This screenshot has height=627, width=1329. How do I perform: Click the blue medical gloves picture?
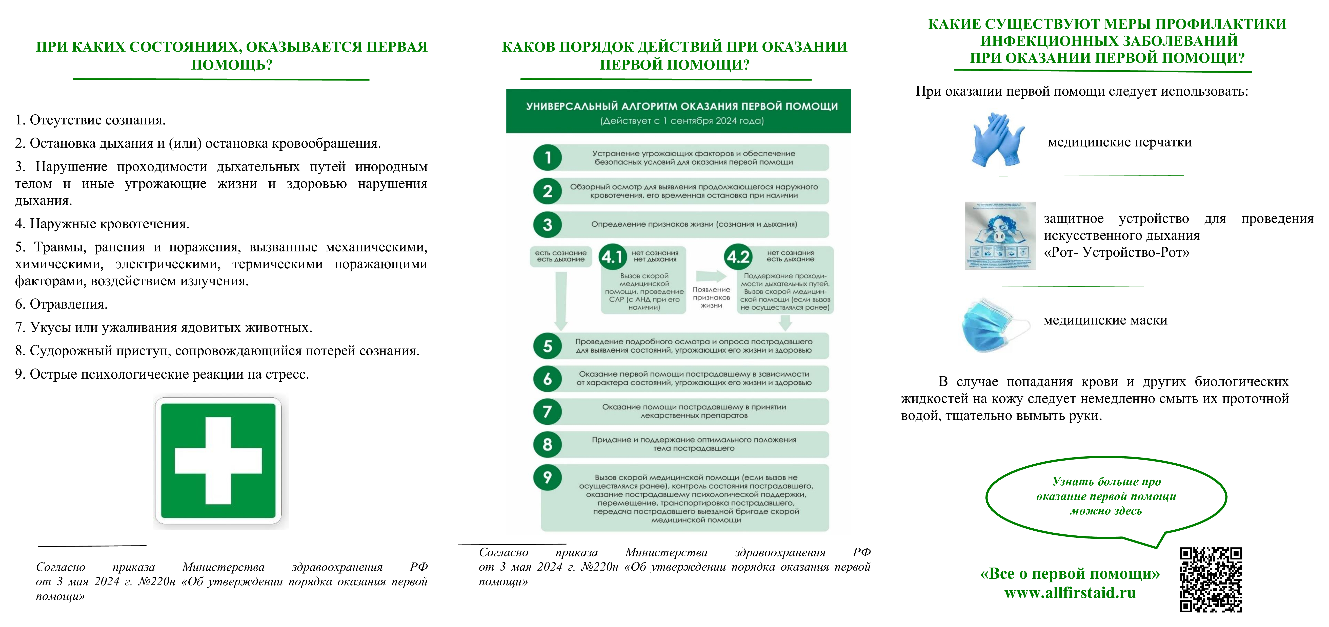click(997, 140)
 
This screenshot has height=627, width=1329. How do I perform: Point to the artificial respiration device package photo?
click(1000, 236)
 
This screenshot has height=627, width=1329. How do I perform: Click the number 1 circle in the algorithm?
click(547, 157)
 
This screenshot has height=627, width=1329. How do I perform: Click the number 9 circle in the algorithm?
click(547, 478)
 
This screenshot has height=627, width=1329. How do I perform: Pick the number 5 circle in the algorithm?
click(547, 346)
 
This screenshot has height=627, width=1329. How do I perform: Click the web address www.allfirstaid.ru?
click(1070, 593)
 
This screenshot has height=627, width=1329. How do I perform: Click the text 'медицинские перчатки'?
click(1120, 142)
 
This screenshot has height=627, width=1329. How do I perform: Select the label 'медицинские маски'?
click(1105, 320)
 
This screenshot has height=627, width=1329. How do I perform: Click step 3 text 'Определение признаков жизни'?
click(694, 224)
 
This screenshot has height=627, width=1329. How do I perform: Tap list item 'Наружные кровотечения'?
click(109, 224)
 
